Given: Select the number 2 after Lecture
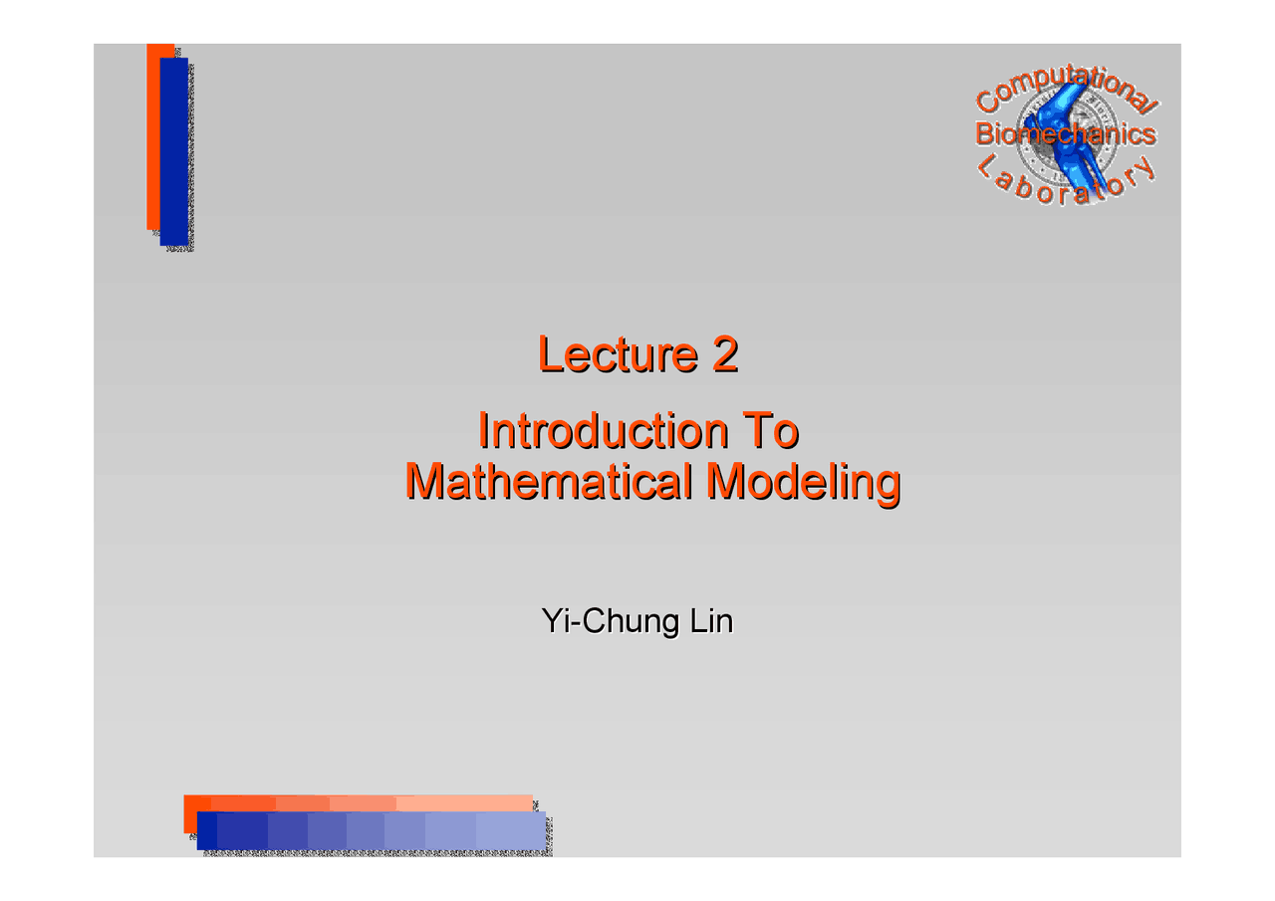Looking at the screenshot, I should pos(724,355).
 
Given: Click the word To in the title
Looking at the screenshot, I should pos(772,431).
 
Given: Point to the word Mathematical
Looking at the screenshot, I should pos(549,482).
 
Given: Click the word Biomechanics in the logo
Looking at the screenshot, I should pos(1066,133).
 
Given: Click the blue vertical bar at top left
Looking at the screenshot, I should pos(174,149).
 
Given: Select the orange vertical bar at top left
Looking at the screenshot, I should pos(152,139).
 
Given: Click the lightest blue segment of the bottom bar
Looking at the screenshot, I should pos(511,830).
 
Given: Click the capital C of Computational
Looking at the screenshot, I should pos(987,101).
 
